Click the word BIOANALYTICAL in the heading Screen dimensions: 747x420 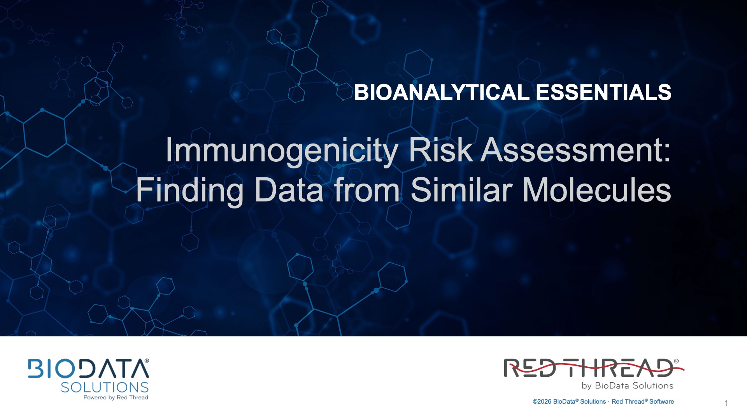[442, 93]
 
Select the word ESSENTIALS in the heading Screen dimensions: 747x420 [603, 93]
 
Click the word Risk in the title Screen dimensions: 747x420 [441, 150]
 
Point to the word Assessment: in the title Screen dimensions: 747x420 [576, 150]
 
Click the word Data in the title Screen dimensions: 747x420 [289, 190]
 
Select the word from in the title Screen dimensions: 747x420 [367, 190]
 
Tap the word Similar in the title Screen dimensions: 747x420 [461, 190]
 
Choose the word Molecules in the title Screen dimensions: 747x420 [597, 190]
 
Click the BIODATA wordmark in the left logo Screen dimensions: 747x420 [86, 369]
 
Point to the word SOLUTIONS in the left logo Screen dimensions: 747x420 [105, 387]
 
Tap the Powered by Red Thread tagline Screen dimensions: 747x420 [116, 397]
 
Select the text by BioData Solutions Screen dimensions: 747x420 [628, 386]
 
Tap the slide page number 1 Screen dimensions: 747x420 [726, 403]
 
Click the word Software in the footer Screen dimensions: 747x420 [661, 402]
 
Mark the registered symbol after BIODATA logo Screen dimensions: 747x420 [147, 361]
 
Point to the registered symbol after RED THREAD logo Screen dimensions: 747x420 [676, 361]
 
